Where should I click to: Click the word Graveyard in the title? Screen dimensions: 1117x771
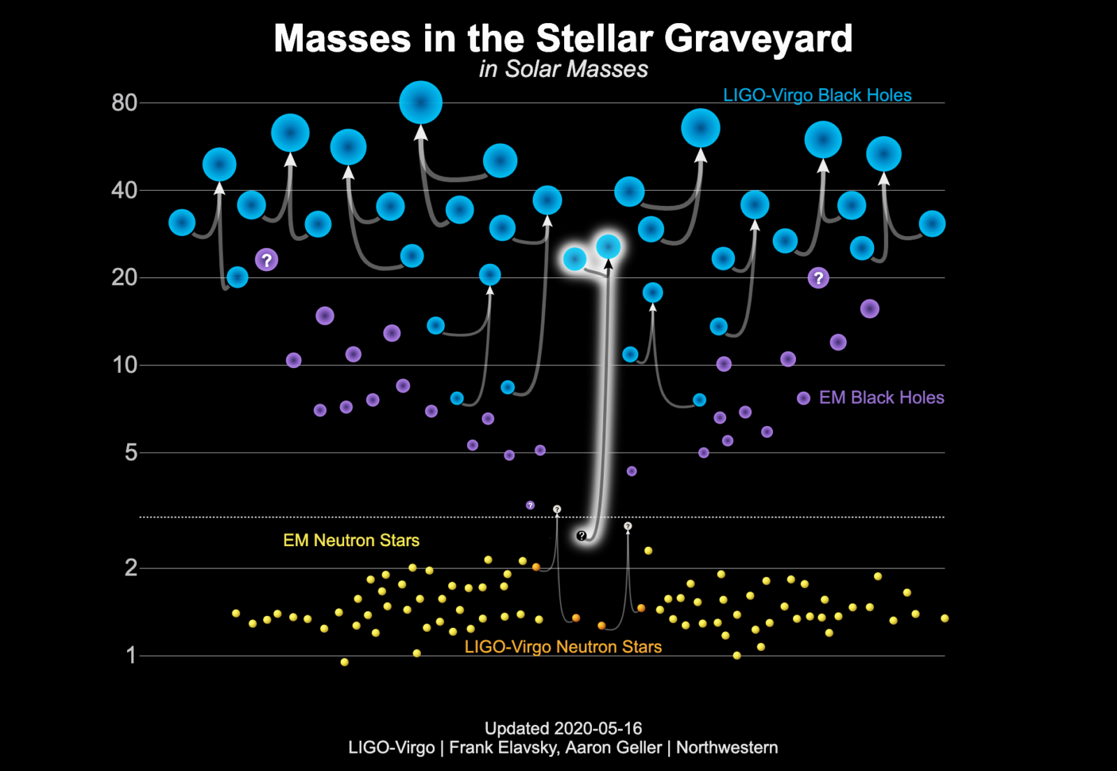758,39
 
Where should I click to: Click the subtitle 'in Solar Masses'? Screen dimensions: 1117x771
563,69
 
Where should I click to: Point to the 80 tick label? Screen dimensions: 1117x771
124,103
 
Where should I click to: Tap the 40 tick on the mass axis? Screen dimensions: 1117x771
124,191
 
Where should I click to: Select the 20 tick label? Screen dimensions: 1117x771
124,278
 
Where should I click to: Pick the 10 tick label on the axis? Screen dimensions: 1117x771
125,365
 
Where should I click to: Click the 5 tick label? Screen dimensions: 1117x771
131,453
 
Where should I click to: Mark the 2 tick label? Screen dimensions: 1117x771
131,568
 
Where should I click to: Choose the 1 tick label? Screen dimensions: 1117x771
131,655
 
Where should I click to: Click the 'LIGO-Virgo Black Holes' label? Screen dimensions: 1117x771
818,95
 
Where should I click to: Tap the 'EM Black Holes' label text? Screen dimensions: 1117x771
882,397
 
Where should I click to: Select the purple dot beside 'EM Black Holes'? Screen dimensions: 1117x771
804,398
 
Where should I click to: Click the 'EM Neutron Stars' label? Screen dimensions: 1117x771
352,540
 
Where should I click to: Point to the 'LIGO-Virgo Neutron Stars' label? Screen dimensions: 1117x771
563,647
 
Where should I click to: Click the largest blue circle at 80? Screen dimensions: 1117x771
421,102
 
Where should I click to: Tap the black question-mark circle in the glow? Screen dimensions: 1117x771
582,536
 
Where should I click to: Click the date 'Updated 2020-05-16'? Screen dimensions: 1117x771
563,728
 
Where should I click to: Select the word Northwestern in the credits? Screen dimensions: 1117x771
727,747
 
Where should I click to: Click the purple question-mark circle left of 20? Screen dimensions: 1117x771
267,260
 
